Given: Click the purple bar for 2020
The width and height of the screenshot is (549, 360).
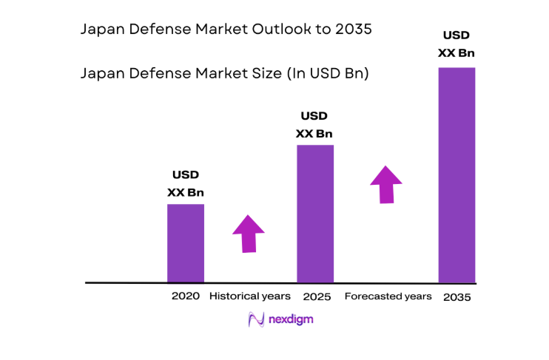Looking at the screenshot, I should [x=185, y=242].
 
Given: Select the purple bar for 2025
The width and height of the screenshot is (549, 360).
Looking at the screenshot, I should [x=314, y=213].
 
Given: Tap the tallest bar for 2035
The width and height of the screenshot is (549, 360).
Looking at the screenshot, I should [x=457, y=174].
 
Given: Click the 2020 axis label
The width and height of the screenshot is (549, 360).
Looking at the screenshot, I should [x=185, y=296].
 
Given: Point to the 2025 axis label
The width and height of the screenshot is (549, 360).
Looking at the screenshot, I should [x=316, y=296].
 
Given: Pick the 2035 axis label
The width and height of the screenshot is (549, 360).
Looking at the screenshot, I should [x=457, y=297].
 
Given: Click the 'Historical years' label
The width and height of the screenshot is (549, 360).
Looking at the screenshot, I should [x=250, y=296].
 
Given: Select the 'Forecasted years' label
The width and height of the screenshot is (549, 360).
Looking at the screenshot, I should [x=388, y=296].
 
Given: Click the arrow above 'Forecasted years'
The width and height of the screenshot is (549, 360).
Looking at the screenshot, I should [x=386, y=184].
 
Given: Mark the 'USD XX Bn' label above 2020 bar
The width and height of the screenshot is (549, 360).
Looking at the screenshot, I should [x=185, y=184].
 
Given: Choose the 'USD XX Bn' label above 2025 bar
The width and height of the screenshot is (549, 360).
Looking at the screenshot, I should [x=314, y=125].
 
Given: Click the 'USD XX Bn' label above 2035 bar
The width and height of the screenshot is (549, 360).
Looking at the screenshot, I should [x=457, y=44].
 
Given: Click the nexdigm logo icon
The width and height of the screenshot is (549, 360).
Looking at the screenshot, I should [x=256, y=320].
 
